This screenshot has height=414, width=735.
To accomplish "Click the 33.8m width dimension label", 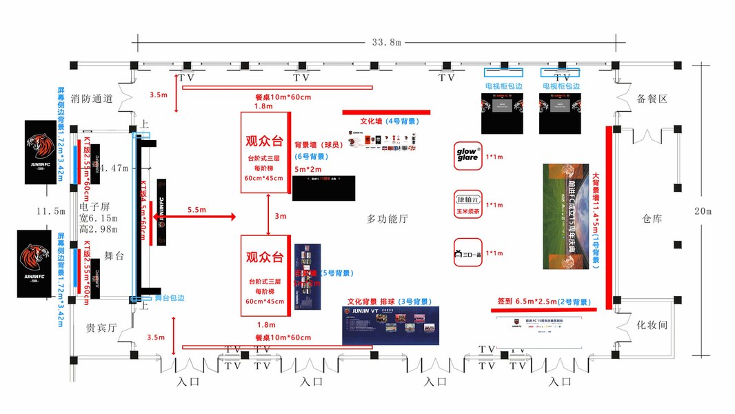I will tap(386, 42).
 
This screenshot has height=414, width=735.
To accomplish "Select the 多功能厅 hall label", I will tap(387, 219).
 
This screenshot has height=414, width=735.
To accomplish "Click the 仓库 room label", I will tap(652, 219).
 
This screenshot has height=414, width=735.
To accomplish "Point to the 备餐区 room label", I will tap(652, 99).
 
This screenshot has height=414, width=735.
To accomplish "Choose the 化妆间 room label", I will tap(652, 324).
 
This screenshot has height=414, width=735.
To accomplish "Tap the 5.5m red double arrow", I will tap(197, 217).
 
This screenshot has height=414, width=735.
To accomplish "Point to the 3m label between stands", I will tap(280, 216).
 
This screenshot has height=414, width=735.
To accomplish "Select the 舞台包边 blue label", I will tap(170, 297).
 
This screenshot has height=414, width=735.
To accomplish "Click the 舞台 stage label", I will tap(114, 255).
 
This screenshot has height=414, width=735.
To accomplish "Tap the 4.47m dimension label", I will tap(114, 168).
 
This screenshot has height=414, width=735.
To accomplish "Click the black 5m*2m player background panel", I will tap(323, 188).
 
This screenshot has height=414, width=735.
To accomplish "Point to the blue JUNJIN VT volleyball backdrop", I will tap(390, 325).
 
